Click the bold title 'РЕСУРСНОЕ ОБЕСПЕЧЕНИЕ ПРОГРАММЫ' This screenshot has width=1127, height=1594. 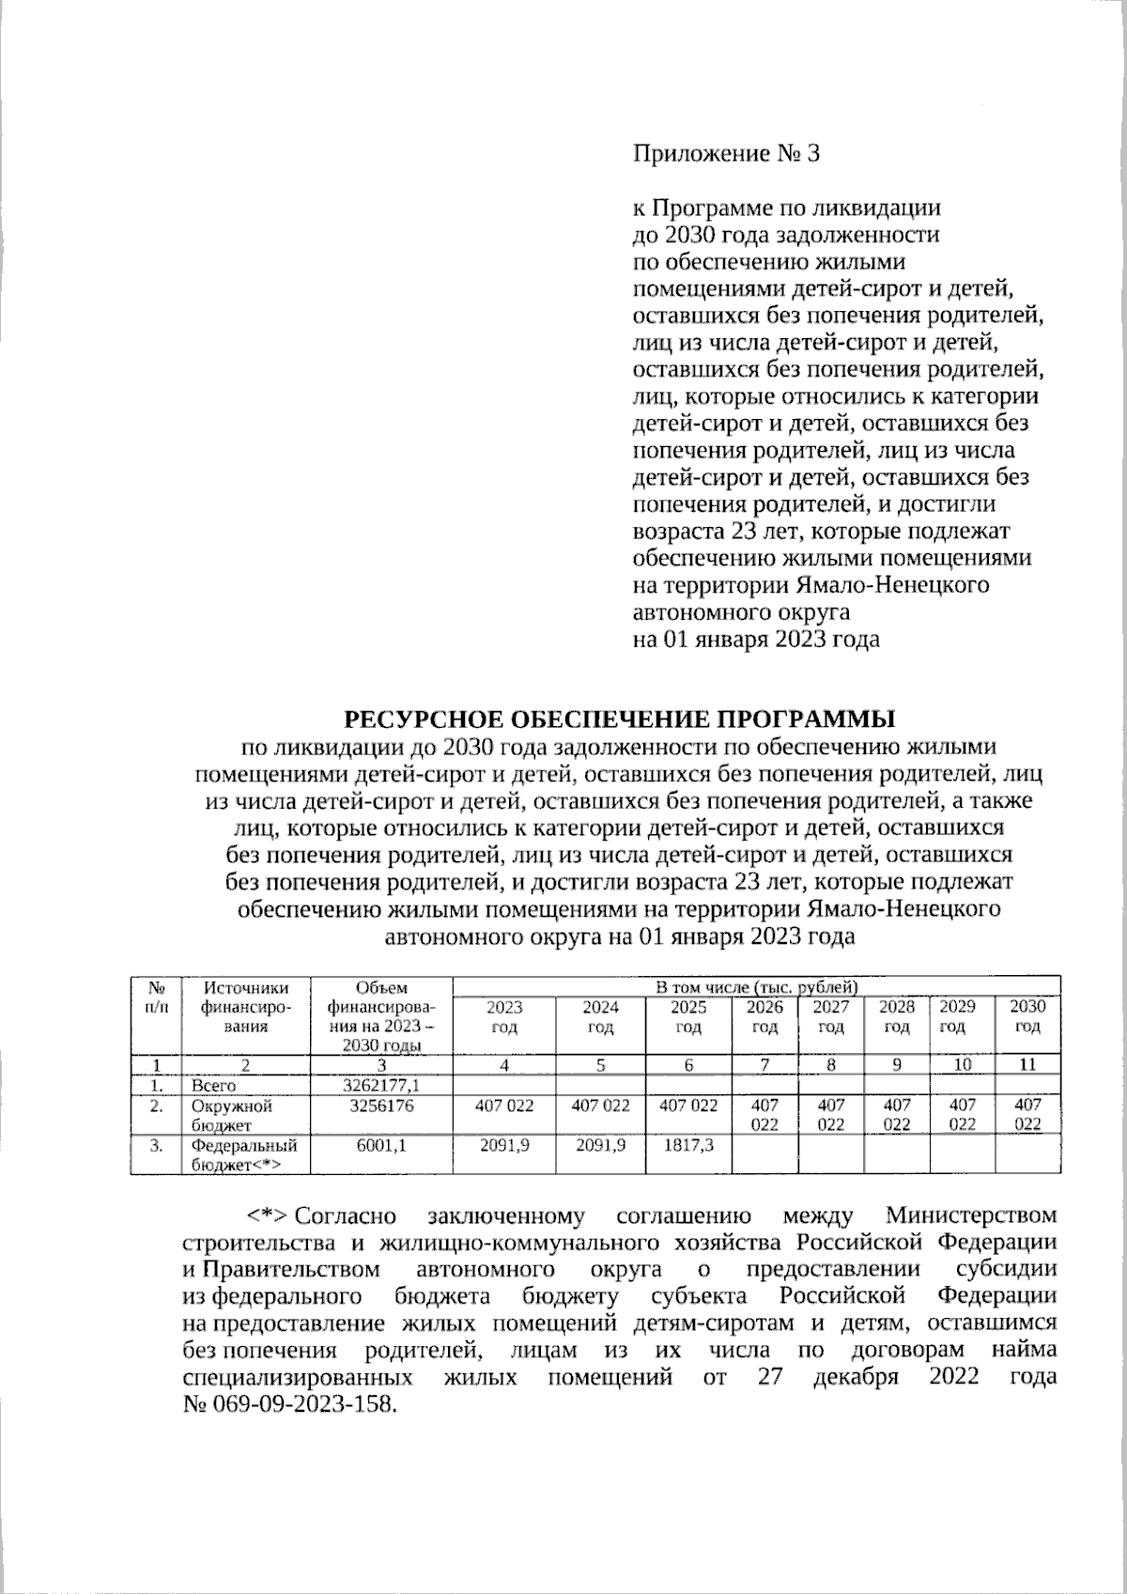tap(620, 720)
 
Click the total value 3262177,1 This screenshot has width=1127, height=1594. tap(382, 1086)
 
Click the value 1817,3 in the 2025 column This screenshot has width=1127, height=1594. tap(688, 1146)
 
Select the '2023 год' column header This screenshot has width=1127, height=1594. tap(504, 1016)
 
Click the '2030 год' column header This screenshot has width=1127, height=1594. tap(1027, 1016)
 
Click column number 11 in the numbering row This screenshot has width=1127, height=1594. tap(1027, 1065)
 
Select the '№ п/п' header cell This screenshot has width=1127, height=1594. tap(157, 998)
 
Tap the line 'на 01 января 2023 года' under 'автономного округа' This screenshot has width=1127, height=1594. tap(757, 641)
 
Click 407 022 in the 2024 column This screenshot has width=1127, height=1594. tap(600, 1107)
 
